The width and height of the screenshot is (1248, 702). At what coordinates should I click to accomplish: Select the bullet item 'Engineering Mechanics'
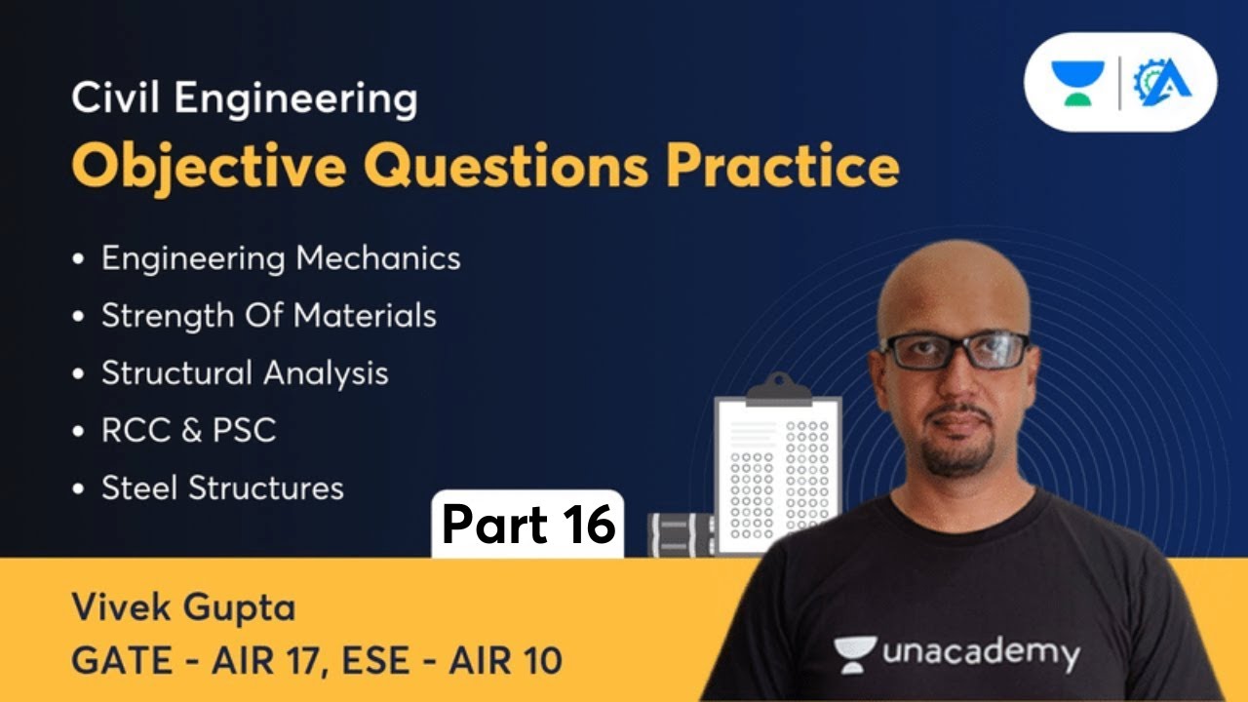[x=281, y=258]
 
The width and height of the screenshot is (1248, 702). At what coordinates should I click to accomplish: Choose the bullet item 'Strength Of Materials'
[x=268, y=316]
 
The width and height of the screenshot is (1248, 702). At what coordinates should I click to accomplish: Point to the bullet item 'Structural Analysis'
[x=245, y=373]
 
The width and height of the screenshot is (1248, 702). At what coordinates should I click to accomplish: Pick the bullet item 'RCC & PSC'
[x=188, y=431]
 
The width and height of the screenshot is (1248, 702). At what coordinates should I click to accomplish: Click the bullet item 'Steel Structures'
[x=222, y=487]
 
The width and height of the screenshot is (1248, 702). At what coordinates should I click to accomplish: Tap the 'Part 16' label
[x=528, y=526]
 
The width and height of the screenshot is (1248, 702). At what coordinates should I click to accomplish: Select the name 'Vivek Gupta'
[x=183, y=609]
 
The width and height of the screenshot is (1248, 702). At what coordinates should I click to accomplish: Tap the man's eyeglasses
[x=955, y=350]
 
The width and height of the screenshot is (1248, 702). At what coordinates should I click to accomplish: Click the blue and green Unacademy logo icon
[x=1077, y=83]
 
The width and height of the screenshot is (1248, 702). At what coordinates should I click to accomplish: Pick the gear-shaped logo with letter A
[x=1161, y=83]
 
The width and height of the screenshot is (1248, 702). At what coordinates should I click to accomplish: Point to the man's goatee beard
[x=959, y=453]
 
